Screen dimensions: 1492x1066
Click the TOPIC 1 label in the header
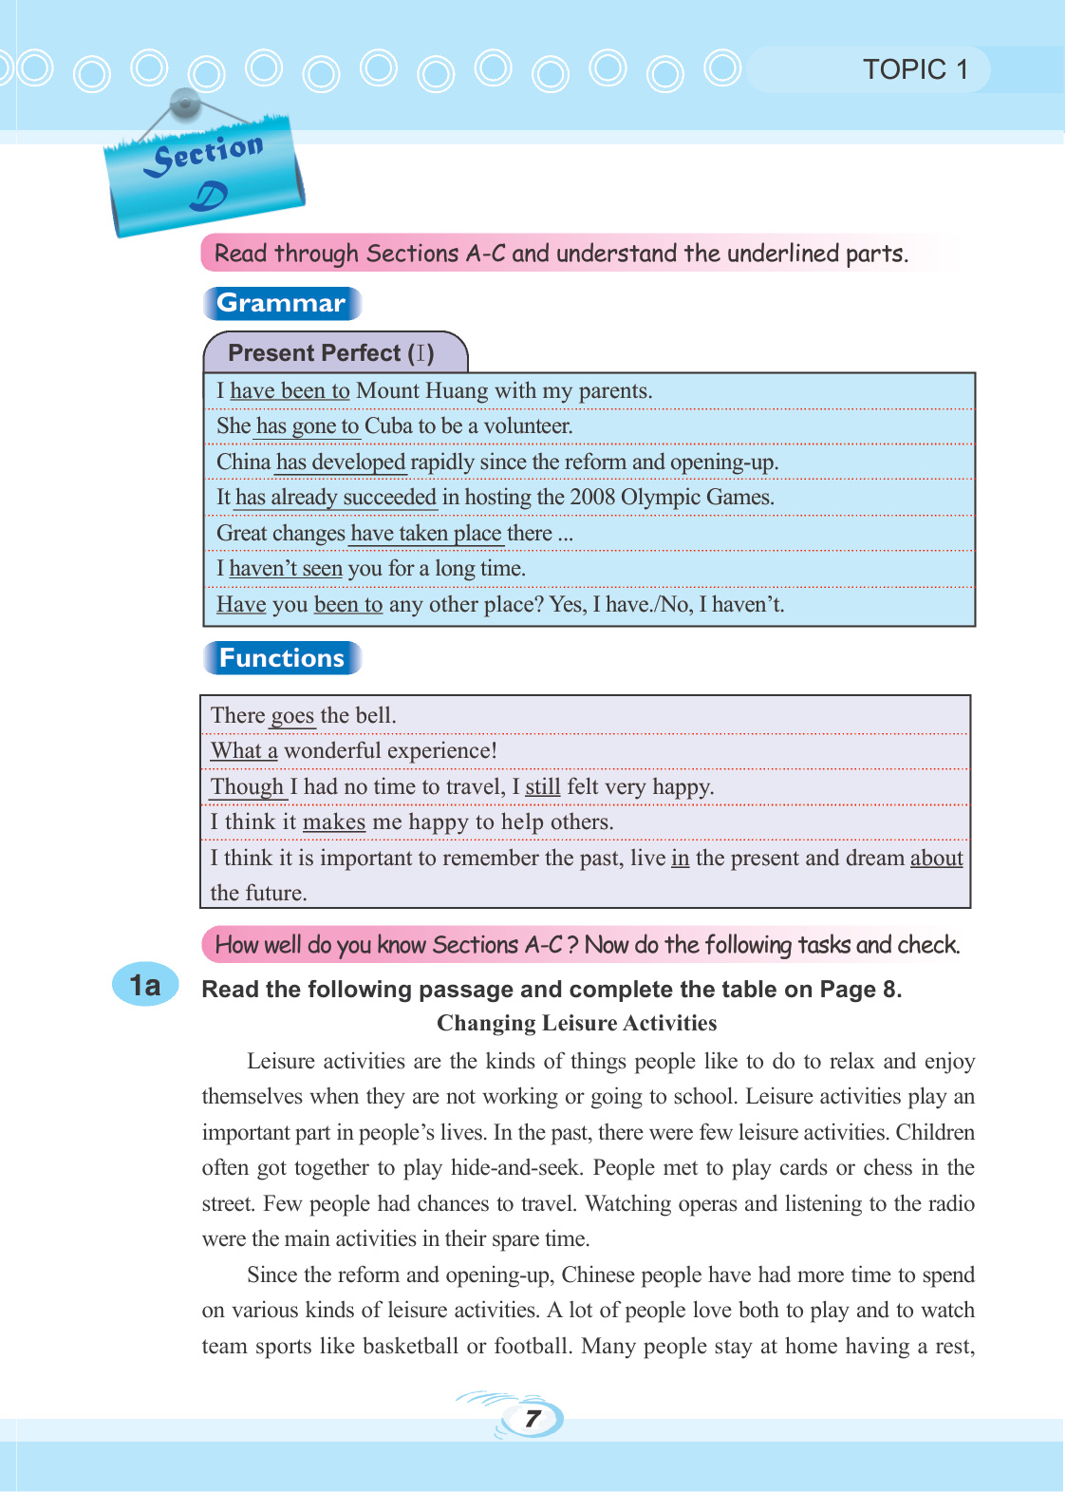pyautogui.click(x=914, y=69)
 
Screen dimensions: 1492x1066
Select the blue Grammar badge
pyautogui.click(x=281, y=303)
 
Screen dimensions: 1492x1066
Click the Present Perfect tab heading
pyautogui.click(x=331, y=353)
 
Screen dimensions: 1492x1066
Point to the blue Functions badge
pyautogui.click(x=282, y=658)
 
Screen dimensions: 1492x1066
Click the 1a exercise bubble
pyautogui.click(x=145, y=985)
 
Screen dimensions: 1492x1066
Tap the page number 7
pyautogui.click(x=533, y=1419)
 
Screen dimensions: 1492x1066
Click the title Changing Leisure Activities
pyautogui.click(x=576, y=1023)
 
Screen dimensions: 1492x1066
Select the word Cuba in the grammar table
pyautogui.click(x=388, y=426)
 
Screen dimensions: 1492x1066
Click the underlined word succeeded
pyautogui.click(x=389, y=498)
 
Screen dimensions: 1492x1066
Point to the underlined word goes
pyautogui.click(x=292, y=716)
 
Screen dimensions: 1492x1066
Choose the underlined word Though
pyautogui.click(x=247, y=787)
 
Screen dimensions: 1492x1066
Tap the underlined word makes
pyautogui.click(x=334, y=822)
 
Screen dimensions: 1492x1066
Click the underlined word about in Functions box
pyautogui.click(x=936, y=859)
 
